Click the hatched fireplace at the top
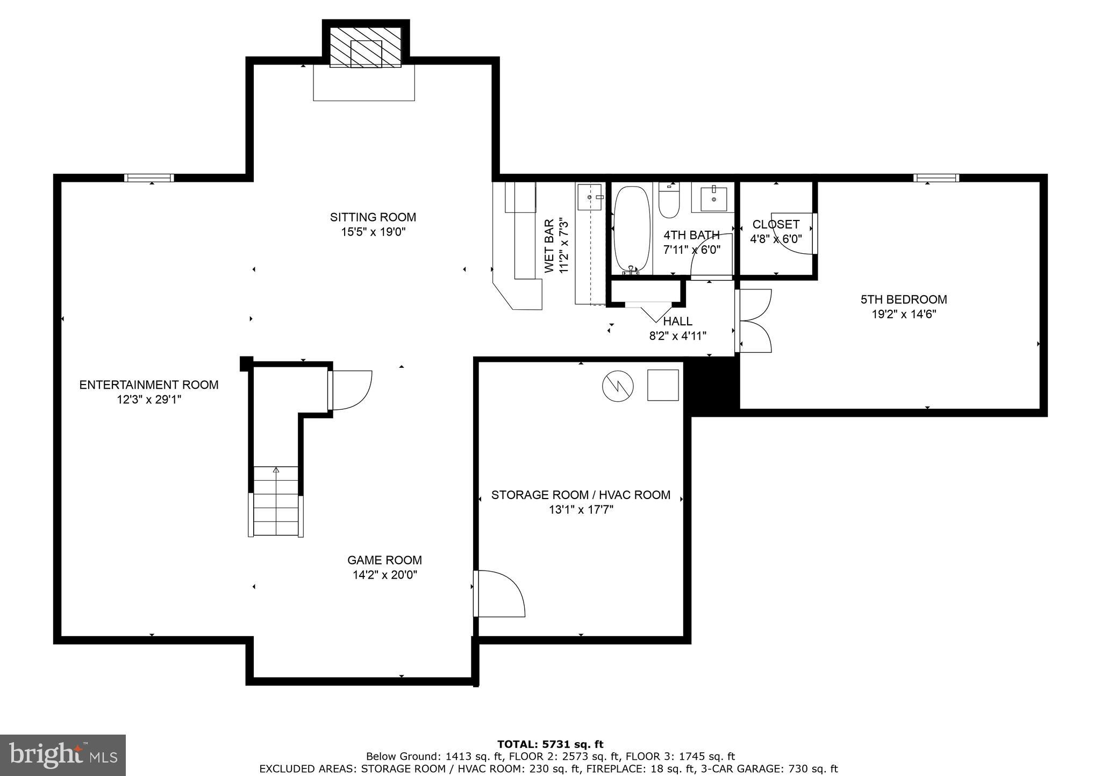click(366, 47)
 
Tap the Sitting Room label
click(373, 217)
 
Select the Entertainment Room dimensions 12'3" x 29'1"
click(149, 400)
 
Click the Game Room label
click(384, 560)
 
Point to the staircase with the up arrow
click(276, 501)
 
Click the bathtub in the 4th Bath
click(632, 228)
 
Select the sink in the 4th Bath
click(713, 198)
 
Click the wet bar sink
click(589, 197)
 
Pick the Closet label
click(776, 224)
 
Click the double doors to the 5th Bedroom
click(754, 321)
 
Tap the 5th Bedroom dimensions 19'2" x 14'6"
click(904, 314)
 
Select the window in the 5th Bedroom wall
click(936, 178)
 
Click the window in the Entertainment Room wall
click(149, 178)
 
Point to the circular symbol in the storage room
click(618, 386)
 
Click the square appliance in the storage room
click(663, 385)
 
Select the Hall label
click(677, 322)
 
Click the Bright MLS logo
click(63, 756)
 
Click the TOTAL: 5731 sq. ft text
click(550, 745)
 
